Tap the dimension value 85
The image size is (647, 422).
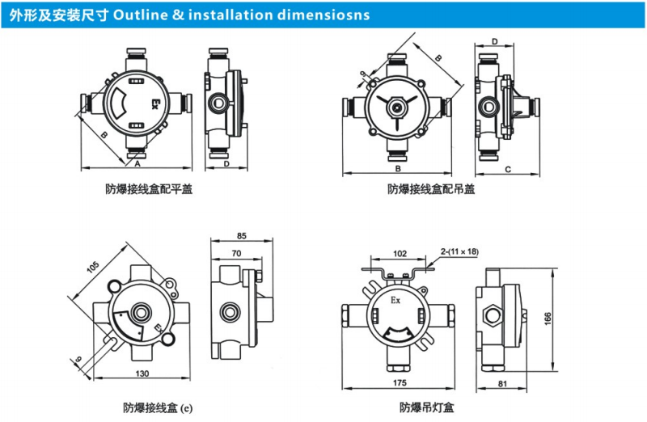(x=241, y=236)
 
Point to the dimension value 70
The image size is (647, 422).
(x=235, y=253)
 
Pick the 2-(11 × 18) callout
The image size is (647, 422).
(x=459, y=251)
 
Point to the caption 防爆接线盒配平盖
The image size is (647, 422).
(x=148, y=190)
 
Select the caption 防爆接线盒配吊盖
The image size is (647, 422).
(x=431, y=190)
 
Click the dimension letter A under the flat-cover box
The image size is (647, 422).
(x=137, y=162)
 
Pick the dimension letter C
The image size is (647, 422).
(x=507, y=169)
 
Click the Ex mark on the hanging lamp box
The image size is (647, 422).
(x=395, y=299)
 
